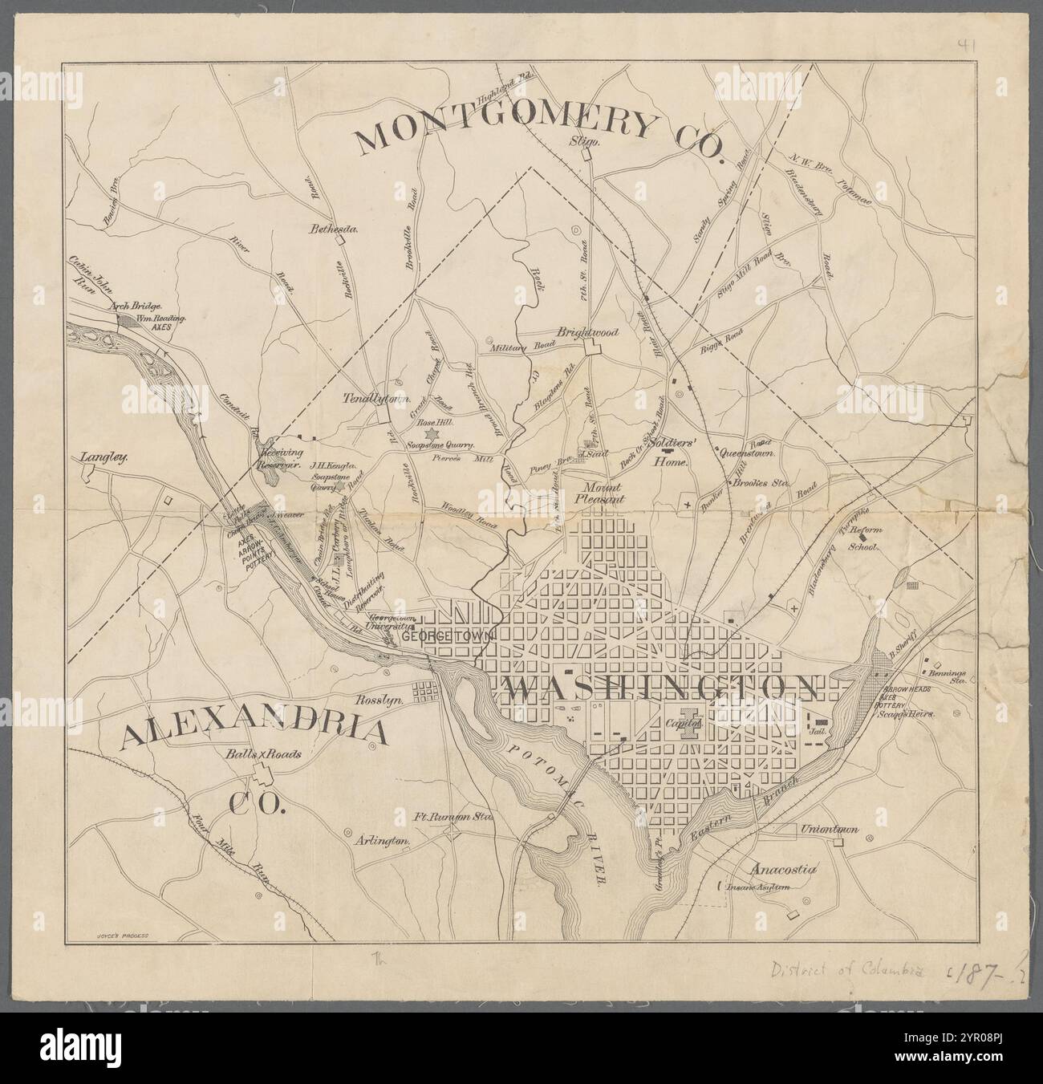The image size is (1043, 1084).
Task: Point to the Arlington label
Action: [x=382, y=841]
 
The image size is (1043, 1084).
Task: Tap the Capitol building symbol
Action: [x=688, y=720]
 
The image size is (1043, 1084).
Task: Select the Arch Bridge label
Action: [x=136, y=306]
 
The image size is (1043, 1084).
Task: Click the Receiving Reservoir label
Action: [x=278, y=458]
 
